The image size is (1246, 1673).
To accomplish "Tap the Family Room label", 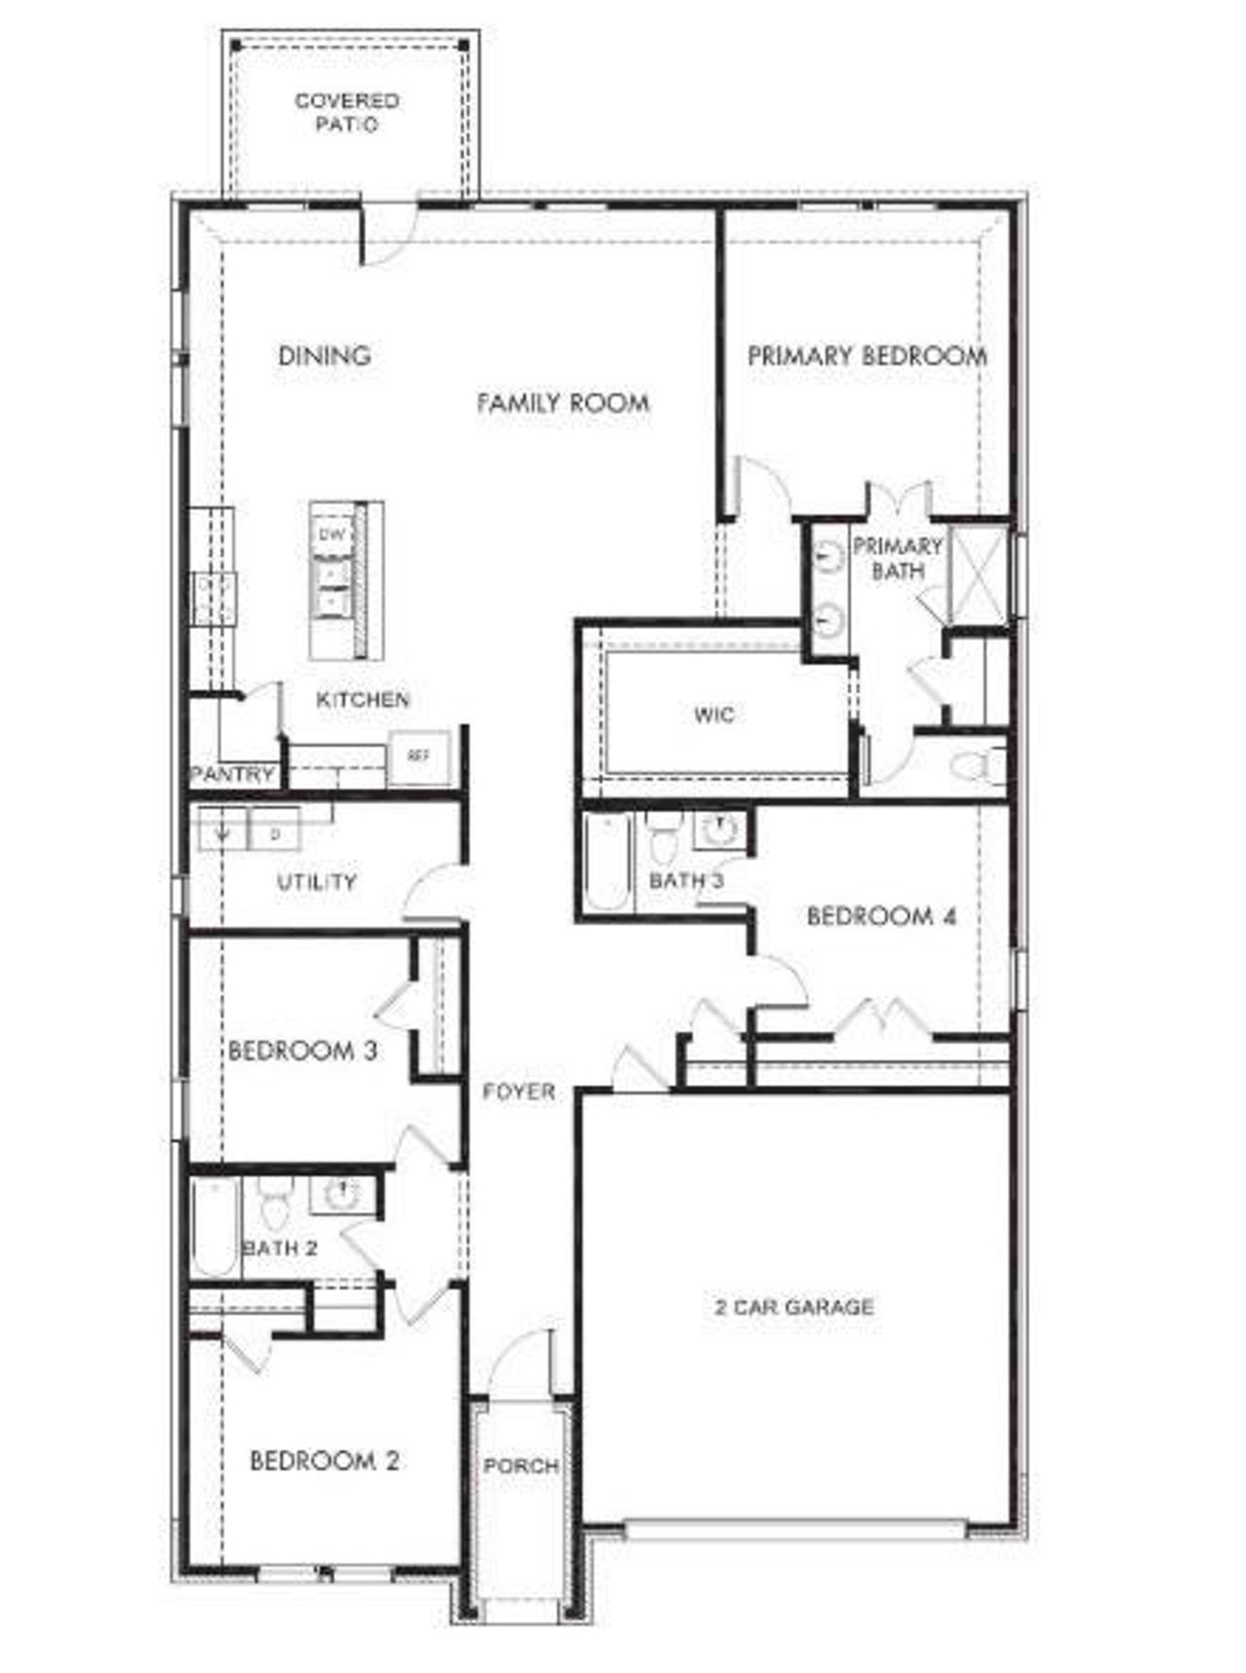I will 563,402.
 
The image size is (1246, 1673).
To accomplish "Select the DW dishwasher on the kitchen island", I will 332,535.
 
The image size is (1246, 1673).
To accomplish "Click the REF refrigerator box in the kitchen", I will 419,757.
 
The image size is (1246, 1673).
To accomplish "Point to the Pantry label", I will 232,774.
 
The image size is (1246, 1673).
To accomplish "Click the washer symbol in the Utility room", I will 223,834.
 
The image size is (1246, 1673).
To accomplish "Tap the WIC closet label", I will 714,715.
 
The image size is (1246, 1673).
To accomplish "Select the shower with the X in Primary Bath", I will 979,574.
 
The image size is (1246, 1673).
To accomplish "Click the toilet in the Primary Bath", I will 974,763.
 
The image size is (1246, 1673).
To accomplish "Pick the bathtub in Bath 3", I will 607,863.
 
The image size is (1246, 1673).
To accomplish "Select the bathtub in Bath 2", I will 215,1227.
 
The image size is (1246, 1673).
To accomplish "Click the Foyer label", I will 519,1092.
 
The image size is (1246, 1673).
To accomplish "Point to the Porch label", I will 521,1465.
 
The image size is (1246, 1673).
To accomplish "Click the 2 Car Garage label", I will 793,1307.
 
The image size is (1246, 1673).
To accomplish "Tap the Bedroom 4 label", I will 881,915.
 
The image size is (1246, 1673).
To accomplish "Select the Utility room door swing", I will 433,891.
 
